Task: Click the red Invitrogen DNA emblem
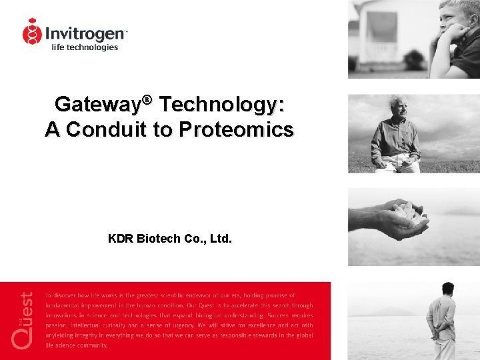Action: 32,31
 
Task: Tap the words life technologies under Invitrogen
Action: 85,47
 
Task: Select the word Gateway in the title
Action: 97,105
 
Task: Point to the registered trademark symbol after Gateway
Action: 147,100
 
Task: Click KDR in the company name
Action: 121,238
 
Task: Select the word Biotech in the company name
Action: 157,238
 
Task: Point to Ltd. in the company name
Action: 221,238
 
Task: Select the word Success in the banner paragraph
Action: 278,315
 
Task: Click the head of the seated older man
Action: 398,107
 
